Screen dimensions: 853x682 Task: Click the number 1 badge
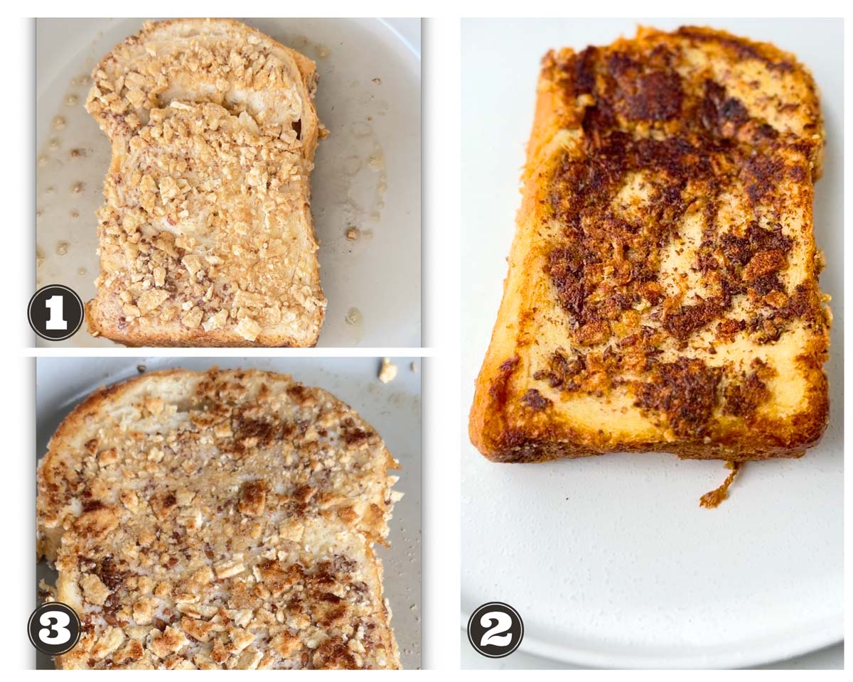click(55, 313)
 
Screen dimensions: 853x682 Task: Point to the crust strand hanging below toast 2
click(720, 485)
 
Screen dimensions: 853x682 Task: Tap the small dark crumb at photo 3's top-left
click(142, 369)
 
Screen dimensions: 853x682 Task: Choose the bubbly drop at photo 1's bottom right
click(353, 315)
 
